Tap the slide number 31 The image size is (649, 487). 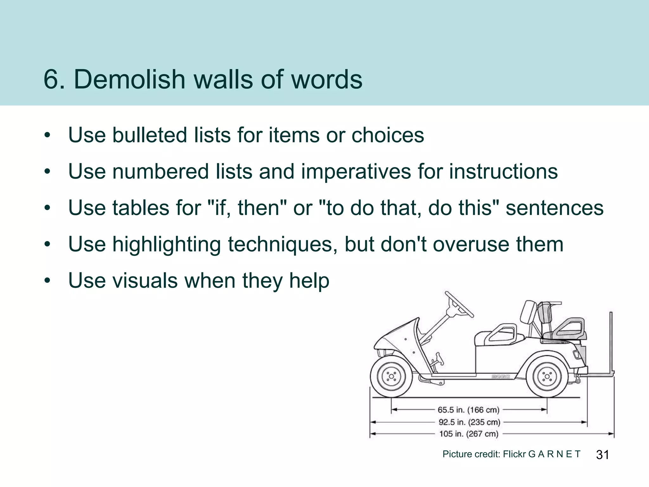coord(602,455)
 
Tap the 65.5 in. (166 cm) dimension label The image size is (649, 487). coord(468,410)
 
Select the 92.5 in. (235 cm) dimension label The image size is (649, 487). coord(469,422)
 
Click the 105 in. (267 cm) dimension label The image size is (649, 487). coord(469,434)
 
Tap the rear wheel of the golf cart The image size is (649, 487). coord(547,377)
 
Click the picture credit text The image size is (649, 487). coord(511,454)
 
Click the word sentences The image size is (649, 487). coord(555,208)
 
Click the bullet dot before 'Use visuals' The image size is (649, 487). coord(48,281)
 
